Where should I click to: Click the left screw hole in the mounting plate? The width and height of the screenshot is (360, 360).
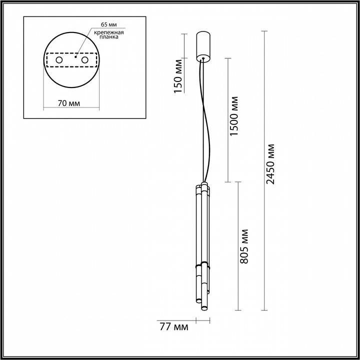click(58, 60)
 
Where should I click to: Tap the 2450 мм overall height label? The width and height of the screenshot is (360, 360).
click(270, 164)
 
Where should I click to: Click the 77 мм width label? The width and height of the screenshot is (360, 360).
click(174, 327)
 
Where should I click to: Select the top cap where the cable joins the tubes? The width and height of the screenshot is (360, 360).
click(202, 184)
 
